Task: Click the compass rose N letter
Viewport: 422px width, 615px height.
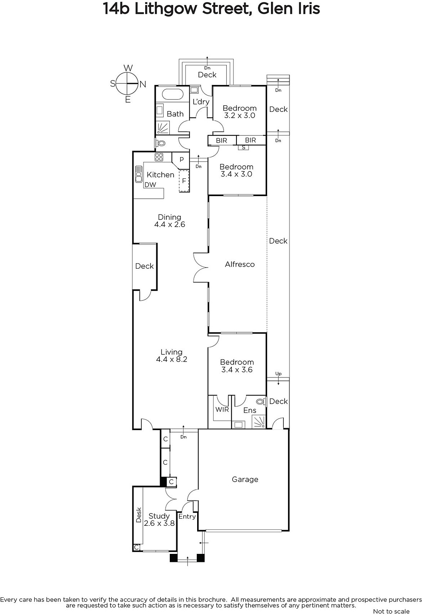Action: (143, 84)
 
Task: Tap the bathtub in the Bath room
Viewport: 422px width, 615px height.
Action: (173, 95)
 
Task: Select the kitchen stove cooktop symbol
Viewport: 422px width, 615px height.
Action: (159, 157)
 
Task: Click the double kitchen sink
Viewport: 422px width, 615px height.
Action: (138, 174)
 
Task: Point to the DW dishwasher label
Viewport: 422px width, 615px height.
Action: (150, 185)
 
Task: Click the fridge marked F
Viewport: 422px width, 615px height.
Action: (184, 181)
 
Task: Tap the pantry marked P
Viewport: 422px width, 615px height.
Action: (181, 160)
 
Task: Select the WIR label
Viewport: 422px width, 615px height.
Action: (222, 410)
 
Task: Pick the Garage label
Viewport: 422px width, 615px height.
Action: (245, 479)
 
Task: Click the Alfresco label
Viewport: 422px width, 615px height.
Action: (240, 264)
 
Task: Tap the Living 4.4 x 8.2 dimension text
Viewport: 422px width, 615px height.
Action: (172, 359)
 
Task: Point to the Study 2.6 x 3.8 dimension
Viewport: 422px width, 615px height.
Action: (159, 523)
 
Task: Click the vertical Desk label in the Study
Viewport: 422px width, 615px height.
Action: (139, 515)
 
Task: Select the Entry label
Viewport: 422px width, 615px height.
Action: (187, 517)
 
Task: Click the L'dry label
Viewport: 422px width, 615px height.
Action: (201, 102)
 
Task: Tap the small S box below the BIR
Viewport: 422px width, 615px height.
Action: (243, 148)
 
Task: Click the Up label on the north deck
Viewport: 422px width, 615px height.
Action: (278, 374)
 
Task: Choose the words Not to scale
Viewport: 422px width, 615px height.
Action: (391, 611)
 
